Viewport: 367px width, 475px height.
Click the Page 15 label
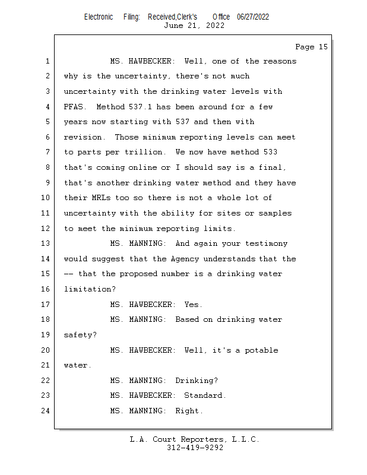[311, 47]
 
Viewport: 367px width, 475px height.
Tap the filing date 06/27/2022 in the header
[253, 17]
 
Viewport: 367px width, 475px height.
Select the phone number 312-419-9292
[195, 448]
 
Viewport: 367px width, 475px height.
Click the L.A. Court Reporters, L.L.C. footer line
[195, 439]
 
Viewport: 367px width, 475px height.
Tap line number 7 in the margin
[48, 153]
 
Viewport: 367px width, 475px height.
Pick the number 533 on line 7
[270, 153]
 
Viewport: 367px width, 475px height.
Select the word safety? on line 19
[80, 335]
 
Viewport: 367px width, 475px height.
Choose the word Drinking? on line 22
[196, 381]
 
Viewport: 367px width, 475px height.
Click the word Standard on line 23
[203, 395]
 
